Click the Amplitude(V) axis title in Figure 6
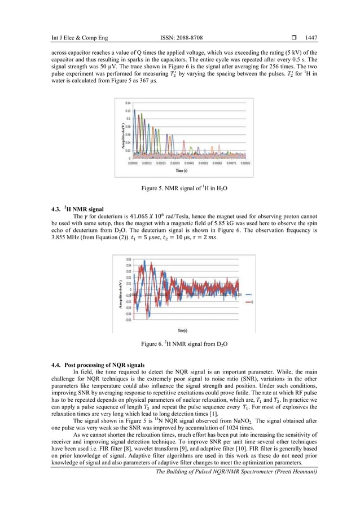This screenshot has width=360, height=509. (120, 294)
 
